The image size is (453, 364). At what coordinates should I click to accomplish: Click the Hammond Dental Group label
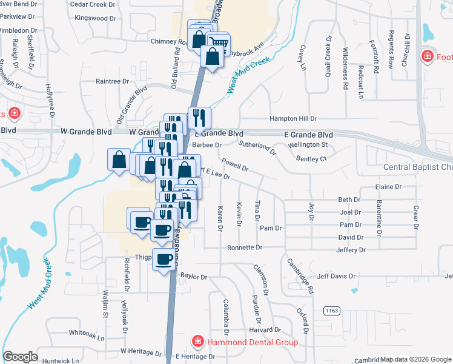click(252, 342)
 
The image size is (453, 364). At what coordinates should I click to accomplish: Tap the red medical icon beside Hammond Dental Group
click(197, 342)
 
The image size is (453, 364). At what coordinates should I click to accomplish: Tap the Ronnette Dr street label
click(245, 248)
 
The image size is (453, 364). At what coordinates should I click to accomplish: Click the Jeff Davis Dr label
click(336, 276)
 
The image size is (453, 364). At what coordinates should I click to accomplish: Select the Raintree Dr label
click(113, 81)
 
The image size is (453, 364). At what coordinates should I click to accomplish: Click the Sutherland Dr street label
click(257, 146)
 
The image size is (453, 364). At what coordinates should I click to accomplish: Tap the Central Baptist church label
click(418, 167)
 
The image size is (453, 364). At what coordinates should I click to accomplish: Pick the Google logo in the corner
click(20, 357)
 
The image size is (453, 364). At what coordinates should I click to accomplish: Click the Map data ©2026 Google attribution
click(415, 359)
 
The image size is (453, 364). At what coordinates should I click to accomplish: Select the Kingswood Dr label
click(94, 18)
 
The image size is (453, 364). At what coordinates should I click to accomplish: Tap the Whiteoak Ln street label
click(87, 332)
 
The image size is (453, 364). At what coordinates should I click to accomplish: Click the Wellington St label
click(307, 144)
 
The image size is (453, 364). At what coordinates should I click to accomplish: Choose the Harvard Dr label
click(262, 330)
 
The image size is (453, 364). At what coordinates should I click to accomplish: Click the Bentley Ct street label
click(311, 158)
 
